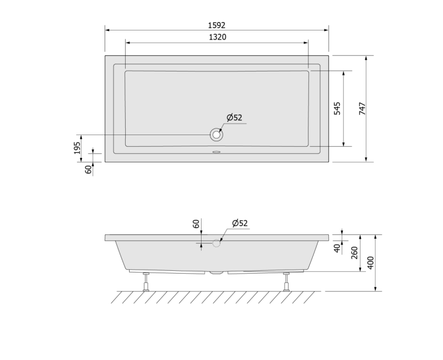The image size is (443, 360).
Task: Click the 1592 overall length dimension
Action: pyautogui.click(x=217, y=25)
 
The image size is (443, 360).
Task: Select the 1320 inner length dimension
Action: pyautogui.click(x=218, y=37)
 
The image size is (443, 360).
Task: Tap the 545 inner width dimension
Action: pyautogui.click(x=337, y=109)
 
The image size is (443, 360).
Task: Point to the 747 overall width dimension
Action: pyautogui.click(x=362, y=109)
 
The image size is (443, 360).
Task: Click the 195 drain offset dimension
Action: pyautogui.click(x=77, y=148)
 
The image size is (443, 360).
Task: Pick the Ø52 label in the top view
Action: pyautogui.click(x=234, y=117)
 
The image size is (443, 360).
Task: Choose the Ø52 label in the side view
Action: pyautogui.click(x=240, y=223)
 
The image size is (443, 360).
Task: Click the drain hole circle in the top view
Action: pyautogui.click(x=217, y=135)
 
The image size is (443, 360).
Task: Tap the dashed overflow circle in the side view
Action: pyautogui.click(x=217, y=243)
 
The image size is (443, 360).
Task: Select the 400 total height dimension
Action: pyautogui.click(x=371, y=263)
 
